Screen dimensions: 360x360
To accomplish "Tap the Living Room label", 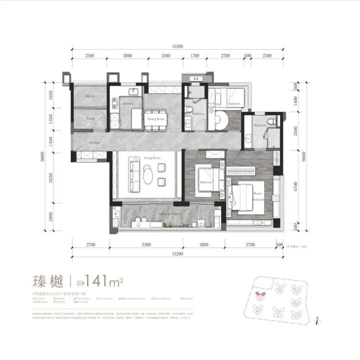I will pyautogui.click(x=151, y=158).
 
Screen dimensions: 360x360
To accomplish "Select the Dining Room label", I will pyautogui.click(x=155, y=119).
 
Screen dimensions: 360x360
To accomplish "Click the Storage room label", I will pyautogui.click(x=90, y=118).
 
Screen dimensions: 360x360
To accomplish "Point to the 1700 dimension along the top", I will pyautogui.click(x=195, y=55).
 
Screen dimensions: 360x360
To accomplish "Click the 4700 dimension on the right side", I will pyautogui.click(x=296, y=186).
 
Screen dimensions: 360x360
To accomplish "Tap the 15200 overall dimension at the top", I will pyautogui.click(x=177, y=46).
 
